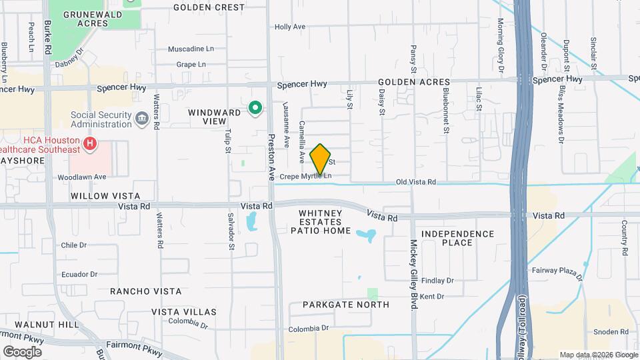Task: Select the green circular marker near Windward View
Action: (255, 107)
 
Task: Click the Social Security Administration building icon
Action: (142, 119)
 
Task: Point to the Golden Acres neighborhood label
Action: (413, 82)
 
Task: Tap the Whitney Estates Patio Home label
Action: (321, 222)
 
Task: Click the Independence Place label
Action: (457, 238)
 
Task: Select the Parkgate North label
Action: (345, 305)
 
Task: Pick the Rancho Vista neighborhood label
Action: (145, 291)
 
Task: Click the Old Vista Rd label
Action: (415, 182)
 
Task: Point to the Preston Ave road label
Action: (271, 157)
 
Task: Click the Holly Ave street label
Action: (290, 27)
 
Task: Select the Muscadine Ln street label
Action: (191, 49)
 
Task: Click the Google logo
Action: (22, 351)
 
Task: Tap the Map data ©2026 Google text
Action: (597, 355)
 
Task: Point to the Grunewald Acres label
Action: (92, 18)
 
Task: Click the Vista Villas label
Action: (183, 312)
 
